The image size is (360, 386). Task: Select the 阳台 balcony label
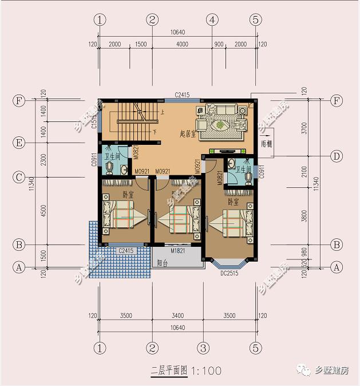point(163,263)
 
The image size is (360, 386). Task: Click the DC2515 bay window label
point(229,274)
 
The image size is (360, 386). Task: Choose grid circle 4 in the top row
point(212,19)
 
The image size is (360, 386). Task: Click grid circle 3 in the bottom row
point(202,347)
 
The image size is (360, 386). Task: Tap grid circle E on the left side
point(19,143)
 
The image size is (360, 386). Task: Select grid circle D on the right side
point(337,156)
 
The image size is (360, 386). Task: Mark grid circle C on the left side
point(19,178)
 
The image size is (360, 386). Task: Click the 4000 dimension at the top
point(182,44)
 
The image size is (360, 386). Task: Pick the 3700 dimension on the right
point(304,127)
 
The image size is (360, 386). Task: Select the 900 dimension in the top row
point(218,44)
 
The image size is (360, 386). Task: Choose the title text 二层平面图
point(169,371)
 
